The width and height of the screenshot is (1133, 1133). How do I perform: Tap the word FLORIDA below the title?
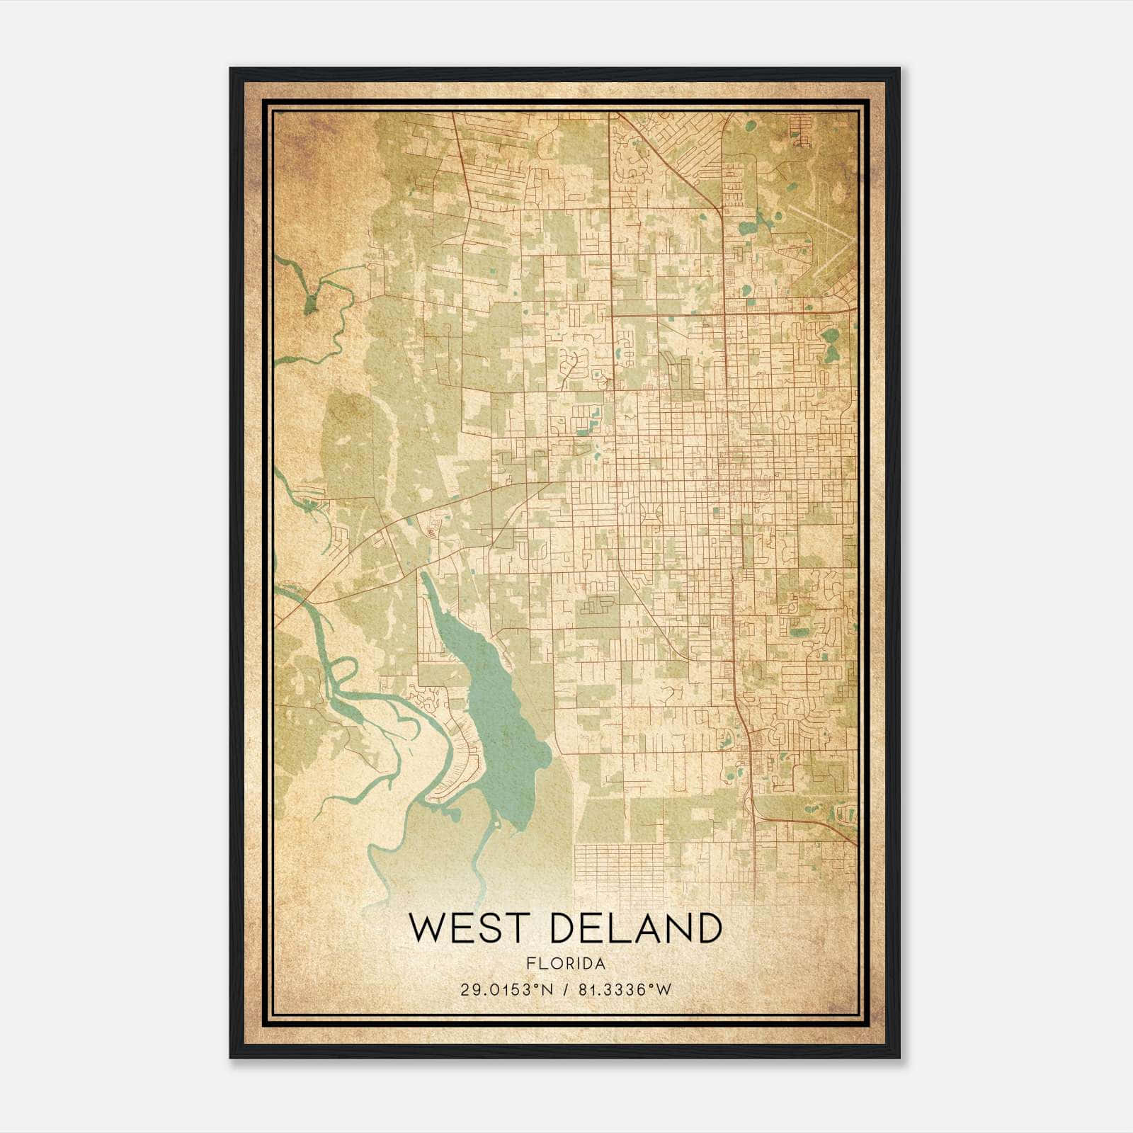566,963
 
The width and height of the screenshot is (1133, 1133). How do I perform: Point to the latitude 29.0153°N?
505,990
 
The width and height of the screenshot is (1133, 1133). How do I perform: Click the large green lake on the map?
499,715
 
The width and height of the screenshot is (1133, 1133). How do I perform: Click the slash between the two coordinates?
565,990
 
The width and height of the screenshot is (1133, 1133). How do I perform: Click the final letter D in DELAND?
709,928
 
